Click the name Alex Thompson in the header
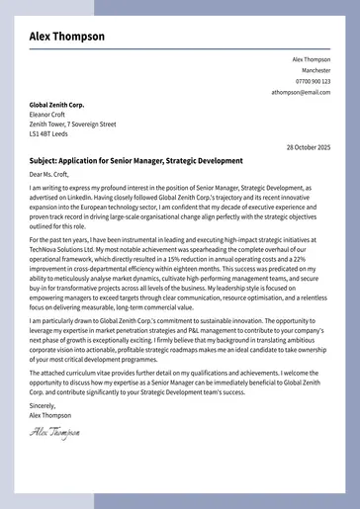click(x=66, y=37)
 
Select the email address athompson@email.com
click(x=302, y=92)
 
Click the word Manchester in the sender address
click(x=316, y=70)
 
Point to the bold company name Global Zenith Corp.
click(x=56, y=104)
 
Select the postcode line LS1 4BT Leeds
click(x=50, y=135)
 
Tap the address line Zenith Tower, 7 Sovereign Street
click(x=72, y=125)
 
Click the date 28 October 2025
click(x=309, y=147)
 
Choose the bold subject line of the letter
click(x=135, y=160)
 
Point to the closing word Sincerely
click(x=44, y=405)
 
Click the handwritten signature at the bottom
click(x=54, y=433)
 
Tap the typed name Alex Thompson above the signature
click(x=50, y=415)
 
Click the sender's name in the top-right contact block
click(x=312, y=59)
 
